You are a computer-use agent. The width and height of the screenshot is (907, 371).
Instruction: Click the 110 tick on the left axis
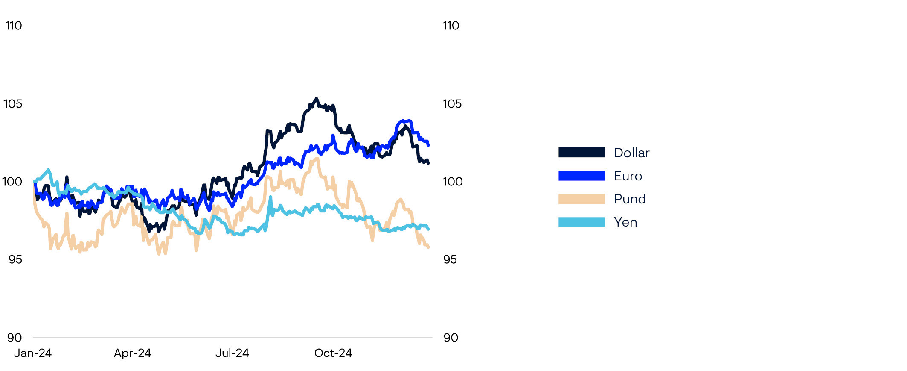click(14, 26)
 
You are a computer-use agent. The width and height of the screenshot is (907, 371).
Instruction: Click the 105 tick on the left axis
click(13, 104)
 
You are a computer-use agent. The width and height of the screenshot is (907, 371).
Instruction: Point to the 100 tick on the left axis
click(12, 182)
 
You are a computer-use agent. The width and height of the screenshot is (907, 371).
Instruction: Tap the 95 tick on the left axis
click(15, 259)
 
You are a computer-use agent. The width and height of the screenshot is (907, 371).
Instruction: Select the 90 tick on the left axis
click(15, 338)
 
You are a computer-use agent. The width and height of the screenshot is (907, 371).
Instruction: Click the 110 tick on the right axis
click(451, 26)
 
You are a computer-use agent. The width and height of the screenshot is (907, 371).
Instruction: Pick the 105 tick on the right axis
click(452, 104)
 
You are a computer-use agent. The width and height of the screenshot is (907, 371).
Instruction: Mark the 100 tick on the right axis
click(453, 182)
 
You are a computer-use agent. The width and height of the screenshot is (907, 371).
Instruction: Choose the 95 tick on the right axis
click(450, 259)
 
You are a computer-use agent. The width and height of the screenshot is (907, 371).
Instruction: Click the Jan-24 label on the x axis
click(33, 353)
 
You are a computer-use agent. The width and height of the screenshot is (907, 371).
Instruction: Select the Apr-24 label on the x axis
click(132, 353)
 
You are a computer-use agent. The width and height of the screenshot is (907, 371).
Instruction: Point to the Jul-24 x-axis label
click(232, 353)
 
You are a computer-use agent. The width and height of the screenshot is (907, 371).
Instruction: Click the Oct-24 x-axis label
click(333, 353)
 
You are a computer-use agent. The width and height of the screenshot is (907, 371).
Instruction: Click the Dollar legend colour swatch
click(581, 153)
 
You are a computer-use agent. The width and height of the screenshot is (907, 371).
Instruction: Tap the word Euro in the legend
click(628, 176)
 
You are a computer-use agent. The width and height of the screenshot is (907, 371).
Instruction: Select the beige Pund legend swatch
click(581, 199)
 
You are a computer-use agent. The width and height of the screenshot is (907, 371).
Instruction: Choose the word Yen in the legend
click(625, 222)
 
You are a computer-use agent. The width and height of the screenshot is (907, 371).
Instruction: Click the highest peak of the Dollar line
click(316, 99)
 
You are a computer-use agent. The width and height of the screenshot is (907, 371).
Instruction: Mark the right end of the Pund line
click(428, 247)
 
